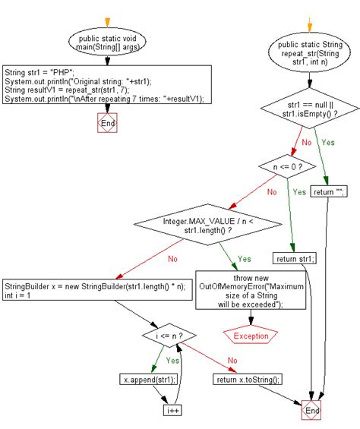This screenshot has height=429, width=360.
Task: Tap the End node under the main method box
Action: (107, 123)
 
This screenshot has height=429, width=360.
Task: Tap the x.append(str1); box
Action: (148, 379)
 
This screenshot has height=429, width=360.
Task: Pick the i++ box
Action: (174, 409)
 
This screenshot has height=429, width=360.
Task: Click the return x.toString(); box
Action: (248, 379)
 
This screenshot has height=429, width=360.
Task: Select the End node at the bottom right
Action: (311, 409)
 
